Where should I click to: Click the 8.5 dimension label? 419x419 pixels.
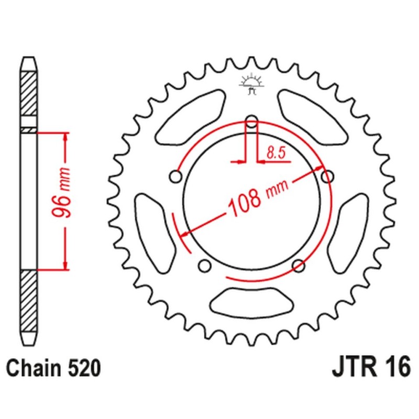(277, 153)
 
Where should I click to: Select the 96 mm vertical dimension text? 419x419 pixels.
(61, 192)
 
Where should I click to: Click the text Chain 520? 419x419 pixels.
(53, 369)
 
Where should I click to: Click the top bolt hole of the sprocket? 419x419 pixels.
(252, 122)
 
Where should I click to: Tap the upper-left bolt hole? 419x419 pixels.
(176, 177)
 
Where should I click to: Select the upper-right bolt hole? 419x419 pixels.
(327, 177)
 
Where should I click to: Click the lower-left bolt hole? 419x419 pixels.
(205, 266)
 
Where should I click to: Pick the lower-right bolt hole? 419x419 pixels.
(299, 266)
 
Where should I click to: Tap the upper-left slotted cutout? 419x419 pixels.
(191, 117)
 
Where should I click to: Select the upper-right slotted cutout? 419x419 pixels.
(313, 117)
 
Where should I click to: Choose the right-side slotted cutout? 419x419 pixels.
(348, 234)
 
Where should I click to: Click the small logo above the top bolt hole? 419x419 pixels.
(251, 84)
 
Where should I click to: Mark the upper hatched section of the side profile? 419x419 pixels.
(29, 94)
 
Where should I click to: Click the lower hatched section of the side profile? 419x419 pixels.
(29, 301)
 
